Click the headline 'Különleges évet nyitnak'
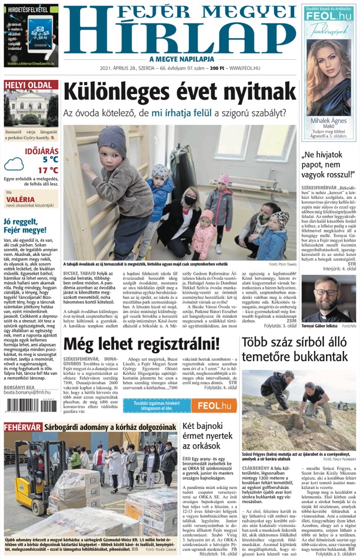tap(179, 92)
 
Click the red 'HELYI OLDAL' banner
tap(31, 85)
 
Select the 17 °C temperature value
tap(48, 171)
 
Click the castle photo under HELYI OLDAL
tap(31, 111)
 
